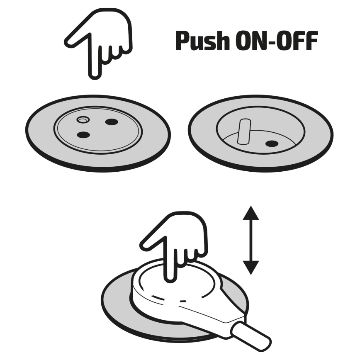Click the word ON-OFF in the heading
point(277,41)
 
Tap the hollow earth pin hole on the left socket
point(83,119)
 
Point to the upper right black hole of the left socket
point(112,122)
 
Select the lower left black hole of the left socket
point(83,135)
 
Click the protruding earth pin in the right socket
point(244,131)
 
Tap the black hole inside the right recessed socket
point(272,144)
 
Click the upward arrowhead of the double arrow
point(251,213)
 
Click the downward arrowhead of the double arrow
point(251,268)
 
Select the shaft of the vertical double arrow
point(251,240)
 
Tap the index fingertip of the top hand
point(95,75)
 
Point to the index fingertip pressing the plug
point(170,278)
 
